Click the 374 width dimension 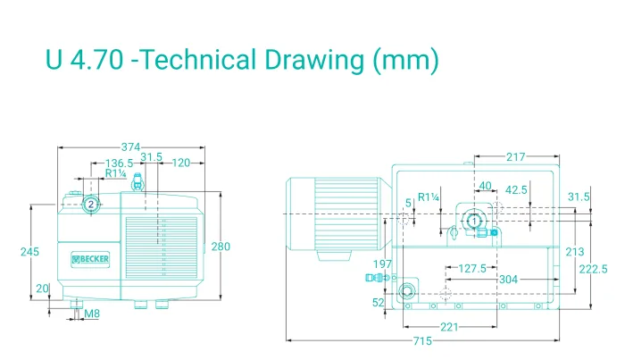tap(130, 147)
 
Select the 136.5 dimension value tap(119, 163)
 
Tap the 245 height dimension tap(29, 252)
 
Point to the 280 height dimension tap(221, 247)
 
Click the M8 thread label tap(92, 314)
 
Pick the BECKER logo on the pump tap(90, 259)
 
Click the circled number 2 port tap(91, 205)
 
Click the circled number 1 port tap(474, 221)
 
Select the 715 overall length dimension tap(422, 341)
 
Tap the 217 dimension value tap(516, 156)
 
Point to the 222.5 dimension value tap(593, 270)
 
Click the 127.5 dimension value tap(472, 268)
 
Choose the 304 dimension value tap(509, 279)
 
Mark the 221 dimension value tap(449, 327)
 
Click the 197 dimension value tap(382, 264)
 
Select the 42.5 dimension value tap(516, 189)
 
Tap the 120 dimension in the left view tap(181, 163)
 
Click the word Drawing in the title tap(314, 60)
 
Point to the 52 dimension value tap(379, 303)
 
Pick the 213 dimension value tap(574, 252)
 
